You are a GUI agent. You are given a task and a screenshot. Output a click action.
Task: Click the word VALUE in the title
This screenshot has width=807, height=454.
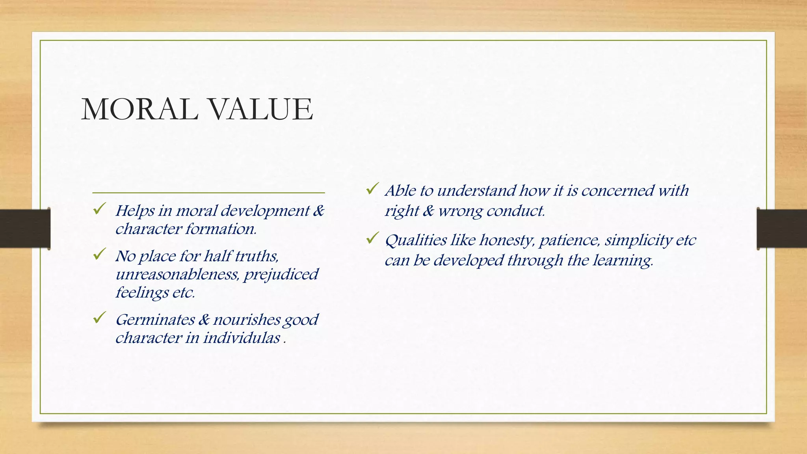pos(260,109)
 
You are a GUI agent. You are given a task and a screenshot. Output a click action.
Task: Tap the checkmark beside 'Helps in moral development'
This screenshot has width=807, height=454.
pos(99,208)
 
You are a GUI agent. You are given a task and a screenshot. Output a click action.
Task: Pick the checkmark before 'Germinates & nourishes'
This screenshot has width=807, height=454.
pos(99,317)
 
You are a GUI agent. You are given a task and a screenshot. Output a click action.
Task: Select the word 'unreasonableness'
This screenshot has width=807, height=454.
pos(177,274)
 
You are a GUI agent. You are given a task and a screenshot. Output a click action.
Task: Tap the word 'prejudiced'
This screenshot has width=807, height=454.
pos(281,274)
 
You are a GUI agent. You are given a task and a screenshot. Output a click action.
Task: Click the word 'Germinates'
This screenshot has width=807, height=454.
pos(155,320)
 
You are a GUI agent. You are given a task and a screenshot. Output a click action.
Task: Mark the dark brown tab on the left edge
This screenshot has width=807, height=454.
pos(25,229)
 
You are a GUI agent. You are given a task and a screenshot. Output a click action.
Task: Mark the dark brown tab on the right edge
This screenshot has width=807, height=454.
pos(782,229)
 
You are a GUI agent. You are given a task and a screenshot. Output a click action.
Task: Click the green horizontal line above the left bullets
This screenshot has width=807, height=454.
pos(208,193)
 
